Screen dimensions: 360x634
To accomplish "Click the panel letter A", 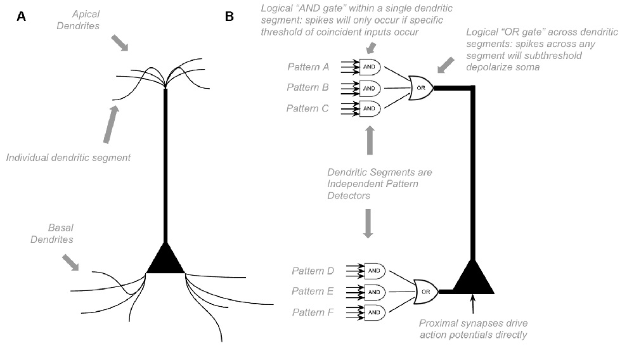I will (x=22, y=17).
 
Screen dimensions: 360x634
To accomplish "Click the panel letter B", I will (x=230, y=17).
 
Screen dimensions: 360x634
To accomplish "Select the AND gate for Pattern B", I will (x=369, y=87).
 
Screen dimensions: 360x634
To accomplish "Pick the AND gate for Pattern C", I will (x=369, y=108).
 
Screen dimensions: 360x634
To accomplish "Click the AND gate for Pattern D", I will (x=374, y=271).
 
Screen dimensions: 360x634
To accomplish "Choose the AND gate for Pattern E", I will (x=374, y=292).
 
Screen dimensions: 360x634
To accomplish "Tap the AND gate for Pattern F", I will (x=374, y=312).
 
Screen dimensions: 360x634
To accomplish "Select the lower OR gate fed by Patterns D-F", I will (x=425, y=292).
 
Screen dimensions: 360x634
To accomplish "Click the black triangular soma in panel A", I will (x=165, y=260).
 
